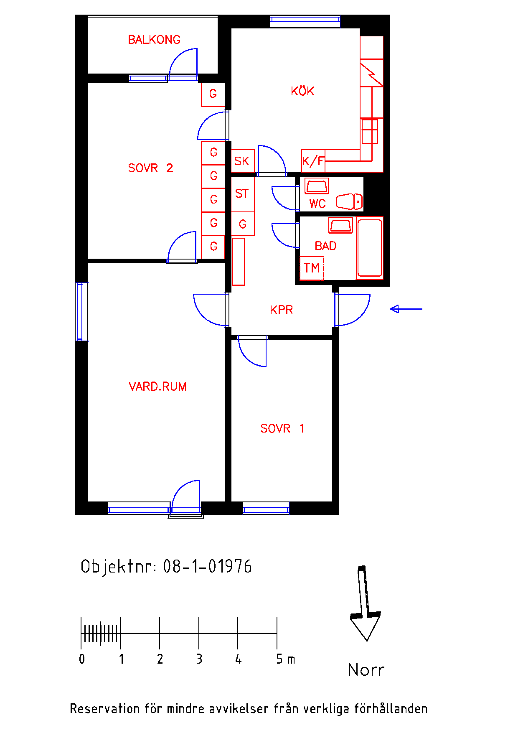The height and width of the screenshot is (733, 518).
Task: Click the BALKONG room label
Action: click(154, 40)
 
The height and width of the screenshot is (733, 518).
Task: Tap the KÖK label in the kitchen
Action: click(302, 91)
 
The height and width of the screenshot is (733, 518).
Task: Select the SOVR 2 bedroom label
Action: click(150, 168)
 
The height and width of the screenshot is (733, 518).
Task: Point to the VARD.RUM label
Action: click(157, 387)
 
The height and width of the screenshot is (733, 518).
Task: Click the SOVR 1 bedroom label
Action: click(282, 428)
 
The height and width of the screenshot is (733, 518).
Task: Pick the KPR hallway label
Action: click(281, 310)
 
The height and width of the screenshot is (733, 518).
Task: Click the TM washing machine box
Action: click(312, 268)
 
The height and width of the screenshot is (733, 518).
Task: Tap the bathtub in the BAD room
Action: click(370, 247)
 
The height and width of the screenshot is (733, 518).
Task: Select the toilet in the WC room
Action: click(349, 201)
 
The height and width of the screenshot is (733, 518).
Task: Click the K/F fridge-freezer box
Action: click(313, 161)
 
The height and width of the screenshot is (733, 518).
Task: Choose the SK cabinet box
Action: click(243, 161)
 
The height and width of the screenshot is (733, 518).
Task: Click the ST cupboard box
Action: click(243, 194)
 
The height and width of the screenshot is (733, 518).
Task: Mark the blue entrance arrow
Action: click(406, 309)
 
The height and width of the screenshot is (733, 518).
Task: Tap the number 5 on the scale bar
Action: click(279, 659)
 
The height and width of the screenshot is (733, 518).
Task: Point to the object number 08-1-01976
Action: click(208, 567)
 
